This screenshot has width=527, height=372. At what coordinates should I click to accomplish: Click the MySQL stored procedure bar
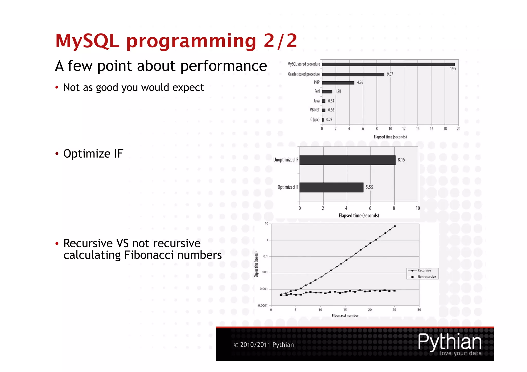[388, 65]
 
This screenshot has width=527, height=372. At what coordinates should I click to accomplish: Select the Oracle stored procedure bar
[353, 74]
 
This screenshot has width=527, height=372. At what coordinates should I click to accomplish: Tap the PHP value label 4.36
[360, 83]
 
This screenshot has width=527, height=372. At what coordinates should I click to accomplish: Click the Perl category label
[317, 91]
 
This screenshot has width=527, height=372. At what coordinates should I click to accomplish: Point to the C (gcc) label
[315, 120]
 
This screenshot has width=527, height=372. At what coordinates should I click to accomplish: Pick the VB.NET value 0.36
[331, 110]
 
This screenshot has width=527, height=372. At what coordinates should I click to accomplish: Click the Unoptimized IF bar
[347, 160]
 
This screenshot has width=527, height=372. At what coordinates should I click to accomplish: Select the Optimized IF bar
[331, 187]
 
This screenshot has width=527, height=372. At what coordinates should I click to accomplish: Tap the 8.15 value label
[401, 160]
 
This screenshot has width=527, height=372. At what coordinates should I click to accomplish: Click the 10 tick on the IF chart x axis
[418, 208]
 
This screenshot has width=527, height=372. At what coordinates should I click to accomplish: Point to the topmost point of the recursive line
[395, 226]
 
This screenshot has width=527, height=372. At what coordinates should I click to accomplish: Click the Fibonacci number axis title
[345, 315]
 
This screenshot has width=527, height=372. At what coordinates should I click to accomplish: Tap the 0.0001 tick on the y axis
[263, 306]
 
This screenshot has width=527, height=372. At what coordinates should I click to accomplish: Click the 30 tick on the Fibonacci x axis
[419, 310]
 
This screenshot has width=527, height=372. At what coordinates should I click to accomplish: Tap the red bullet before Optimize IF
[57, 154]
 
